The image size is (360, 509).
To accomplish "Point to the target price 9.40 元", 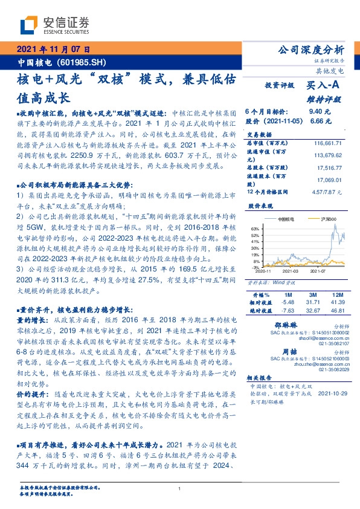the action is (x=319, y=112).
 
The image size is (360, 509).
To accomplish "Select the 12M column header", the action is (x=336, y=294).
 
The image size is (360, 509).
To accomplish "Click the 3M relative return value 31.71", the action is (x=312, y=301).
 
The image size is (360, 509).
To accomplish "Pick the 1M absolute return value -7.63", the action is (x=288, y=310).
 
